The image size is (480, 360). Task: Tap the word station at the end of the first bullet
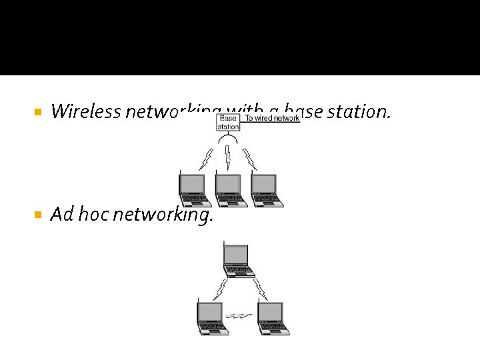tap(363, 111)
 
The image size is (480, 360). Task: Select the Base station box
tap(228, 122)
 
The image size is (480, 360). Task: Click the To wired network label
tap(272, 118)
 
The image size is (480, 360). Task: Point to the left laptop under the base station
tap(194, 190)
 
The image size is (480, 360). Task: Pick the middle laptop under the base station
tap(230, 190)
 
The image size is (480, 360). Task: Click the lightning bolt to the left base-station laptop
tap(207, 159)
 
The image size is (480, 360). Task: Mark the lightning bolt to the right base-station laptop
tap(250, 159)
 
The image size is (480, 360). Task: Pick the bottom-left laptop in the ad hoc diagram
tap(212, 317)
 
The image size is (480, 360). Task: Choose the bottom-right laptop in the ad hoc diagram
tap(273, 317)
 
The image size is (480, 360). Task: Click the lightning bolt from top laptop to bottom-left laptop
tap(220, 289)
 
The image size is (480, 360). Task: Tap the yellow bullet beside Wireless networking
tap(37, 112)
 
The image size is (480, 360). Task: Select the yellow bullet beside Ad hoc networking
tap(37, 215)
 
